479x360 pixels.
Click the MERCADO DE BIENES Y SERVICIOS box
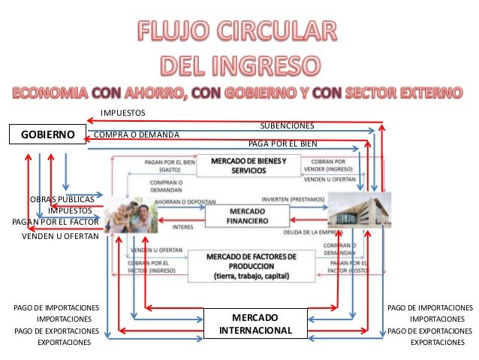pyautogui.click(x=247, y=166)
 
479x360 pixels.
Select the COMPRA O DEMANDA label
pyautogui.click(x=136, y=135)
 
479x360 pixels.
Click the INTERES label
pyautogui.click(x=182, y=225)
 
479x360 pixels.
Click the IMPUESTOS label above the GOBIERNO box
pyautogui.click(x=122, y=113)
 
